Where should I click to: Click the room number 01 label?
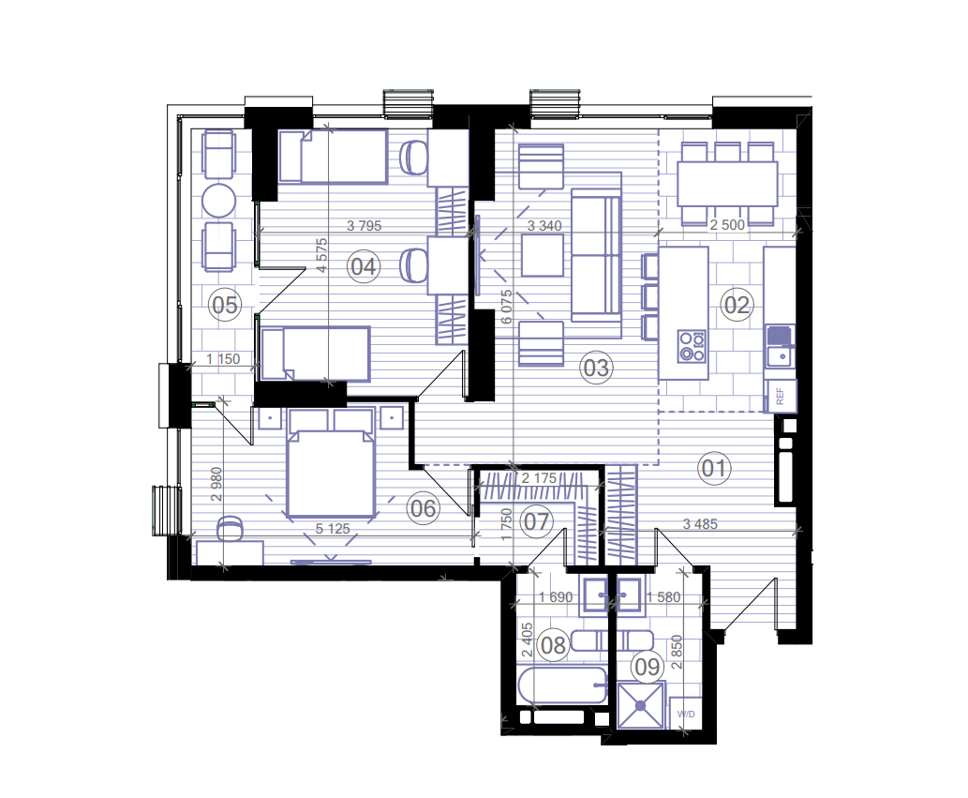714,468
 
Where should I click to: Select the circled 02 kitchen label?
737,304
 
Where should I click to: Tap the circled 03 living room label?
596,368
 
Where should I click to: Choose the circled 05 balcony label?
224,304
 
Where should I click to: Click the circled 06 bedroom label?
423,508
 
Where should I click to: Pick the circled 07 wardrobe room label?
536,520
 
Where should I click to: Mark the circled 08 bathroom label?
554,645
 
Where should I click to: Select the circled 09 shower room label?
647,667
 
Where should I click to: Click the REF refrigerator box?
780,397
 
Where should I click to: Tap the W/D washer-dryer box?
686,715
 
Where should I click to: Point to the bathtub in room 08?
561,687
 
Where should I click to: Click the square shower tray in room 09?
640,706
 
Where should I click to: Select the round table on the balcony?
220,200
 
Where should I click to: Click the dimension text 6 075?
507,307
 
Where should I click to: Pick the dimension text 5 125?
332,529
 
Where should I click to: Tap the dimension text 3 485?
700,524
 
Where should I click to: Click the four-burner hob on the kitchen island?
692,346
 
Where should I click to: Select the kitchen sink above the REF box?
779,346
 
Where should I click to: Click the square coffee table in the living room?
543,255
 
